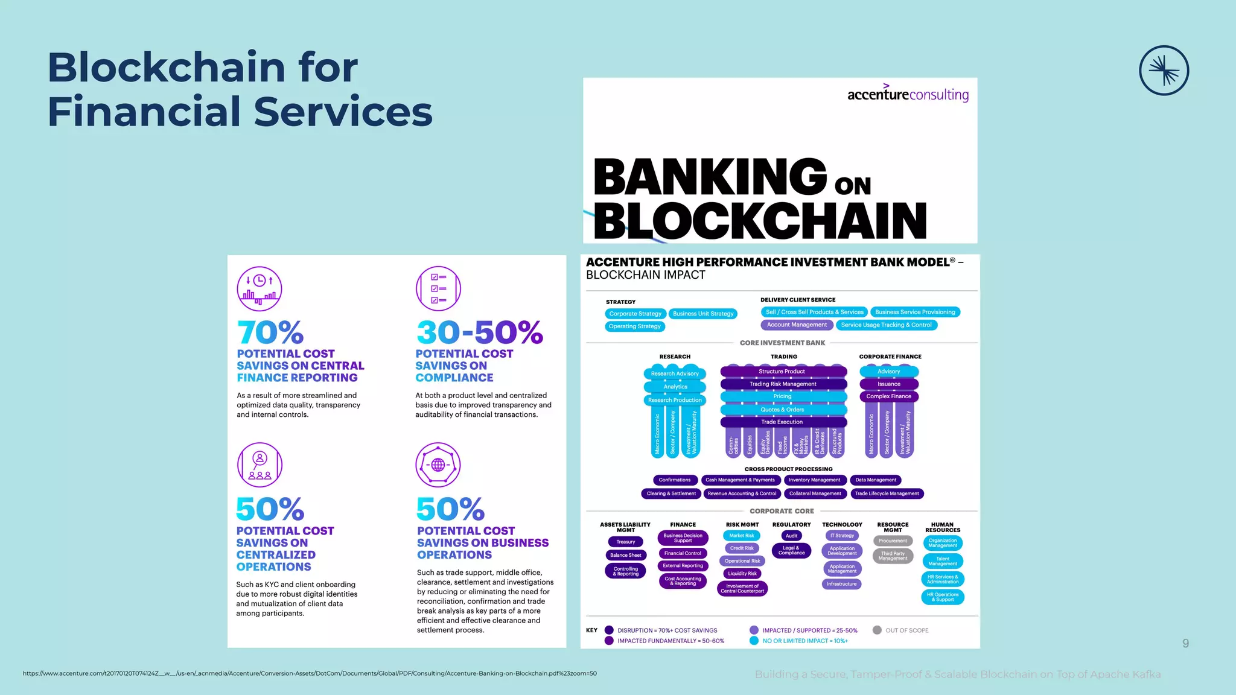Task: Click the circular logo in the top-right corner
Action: [x=1164, y=71]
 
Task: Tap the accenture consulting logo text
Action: [x=908, y=94]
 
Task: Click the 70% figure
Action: [x=270, y=332]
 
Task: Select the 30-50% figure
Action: [x=480, y=332]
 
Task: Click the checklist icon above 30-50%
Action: [x=438, y=288]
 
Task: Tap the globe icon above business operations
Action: [x=438, y=465]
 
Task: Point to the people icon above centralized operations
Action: [x=260, y=465]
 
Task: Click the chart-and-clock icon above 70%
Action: [x=260, y=288]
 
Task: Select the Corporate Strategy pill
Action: [x=635, y=314]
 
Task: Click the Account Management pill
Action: [x=797, y=325]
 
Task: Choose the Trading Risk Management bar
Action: [x=783, y=384]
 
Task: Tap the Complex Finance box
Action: [x=888, y=396]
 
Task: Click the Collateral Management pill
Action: [x=815, y=493]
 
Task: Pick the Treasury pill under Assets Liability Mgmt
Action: [x=625, y=542]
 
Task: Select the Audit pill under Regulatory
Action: [x=791, y=536]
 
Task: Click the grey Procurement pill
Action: [x=893, y=541]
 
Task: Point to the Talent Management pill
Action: [x=943, y=561]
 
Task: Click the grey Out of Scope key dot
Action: [x=877, y=630]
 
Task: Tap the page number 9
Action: [x=1185, y=643]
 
